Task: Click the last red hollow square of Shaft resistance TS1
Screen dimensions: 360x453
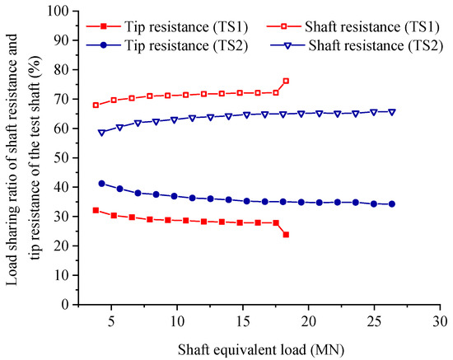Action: pos(286,81)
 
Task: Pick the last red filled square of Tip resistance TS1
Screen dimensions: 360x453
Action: pos(286,235)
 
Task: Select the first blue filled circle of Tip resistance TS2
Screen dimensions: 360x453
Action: pos(101,184)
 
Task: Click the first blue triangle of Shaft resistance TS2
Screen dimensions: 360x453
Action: pos(101,133)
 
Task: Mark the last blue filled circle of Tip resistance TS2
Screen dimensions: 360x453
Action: pos(391,204)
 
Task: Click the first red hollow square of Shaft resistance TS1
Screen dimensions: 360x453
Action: pos(96,105)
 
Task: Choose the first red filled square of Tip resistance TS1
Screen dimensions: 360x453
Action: pos(96,210)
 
